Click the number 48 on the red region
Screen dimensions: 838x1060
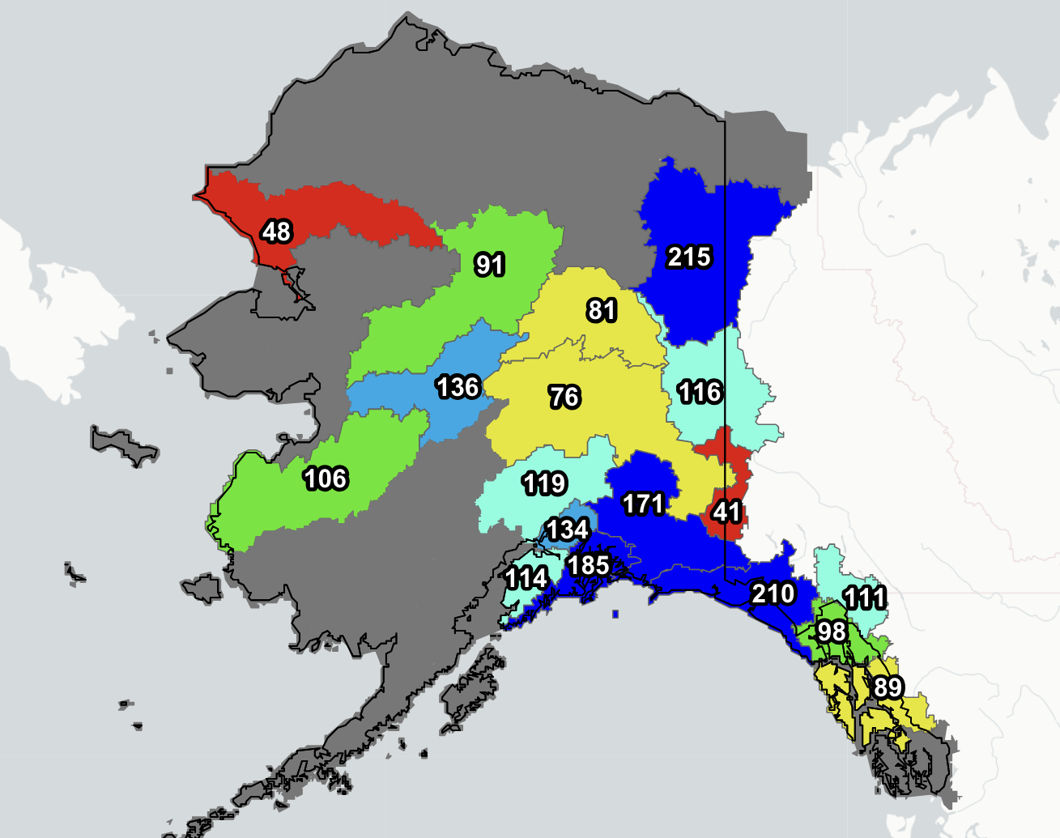(x=276, y=232)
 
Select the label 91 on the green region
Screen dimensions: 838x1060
(x=490, y=265)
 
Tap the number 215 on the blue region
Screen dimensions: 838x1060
(x=689, y=257)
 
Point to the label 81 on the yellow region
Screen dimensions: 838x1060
(x=602, y=310)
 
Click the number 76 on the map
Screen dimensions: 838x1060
(x=564, y=397)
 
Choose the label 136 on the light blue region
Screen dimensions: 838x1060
(x=458, y=387)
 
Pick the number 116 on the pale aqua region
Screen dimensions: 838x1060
(x=700, y=393)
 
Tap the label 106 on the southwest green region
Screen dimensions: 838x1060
(x=326, y=479)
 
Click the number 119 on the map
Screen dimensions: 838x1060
(x=544, y=484)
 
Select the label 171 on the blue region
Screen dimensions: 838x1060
(x=643, y=504)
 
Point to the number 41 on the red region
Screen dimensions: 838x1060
(x=726, y=512)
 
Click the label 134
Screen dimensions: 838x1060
(x=567, y=530)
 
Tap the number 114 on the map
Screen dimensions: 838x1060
(x=526, y=578)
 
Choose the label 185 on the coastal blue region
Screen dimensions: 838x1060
(x=589, y=565)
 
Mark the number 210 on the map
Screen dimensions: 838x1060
(x=773, y=593)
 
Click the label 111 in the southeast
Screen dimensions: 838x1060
(x=864, y=598)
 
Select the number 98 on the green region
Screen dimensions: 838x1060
(x=832, y=632)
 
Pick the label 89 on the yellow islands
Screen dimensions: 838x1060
(x=888, y=687)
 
